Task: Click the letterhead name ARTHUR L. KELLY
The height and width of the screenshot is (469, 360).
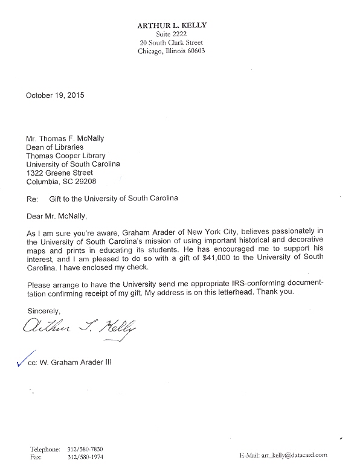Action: [172, 25]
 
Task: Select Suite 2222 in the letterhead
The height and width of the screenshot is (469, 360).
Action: [172, 34]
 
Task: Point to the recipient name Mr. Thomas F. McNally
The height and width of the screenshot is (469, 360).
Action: [66, 138]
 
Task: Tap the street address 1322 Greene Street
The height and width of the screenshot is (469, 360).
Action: [60, 173]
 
